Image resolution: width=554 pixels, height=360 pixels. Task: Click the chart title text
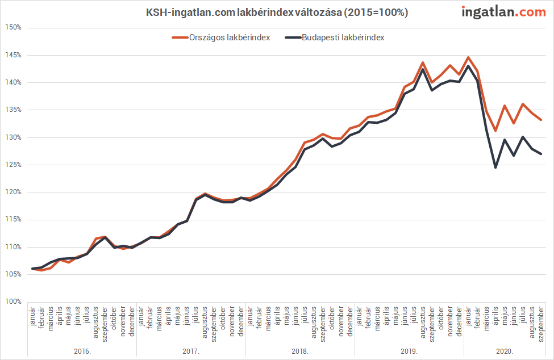277,12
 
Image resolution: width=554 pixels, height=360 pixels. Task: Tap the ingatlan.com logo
503,12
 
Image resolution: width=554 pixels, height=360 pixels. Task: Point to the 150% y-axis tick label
14,27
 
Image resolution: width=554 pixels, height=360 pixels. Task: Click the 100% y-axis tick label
14,302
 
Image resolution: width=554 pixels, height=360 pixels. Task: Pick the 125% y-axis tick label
14,165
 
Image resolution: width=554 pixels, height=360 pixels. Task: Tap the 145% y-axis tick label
14,55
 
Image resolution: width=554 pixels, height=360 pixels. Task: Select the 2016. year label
82,351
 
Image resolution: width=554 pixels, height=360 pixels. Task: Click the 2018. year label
301,351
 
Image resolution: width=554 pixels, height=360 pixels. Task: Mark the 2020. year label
505,351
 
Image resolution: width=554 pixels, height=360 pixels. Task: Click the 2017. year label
191,351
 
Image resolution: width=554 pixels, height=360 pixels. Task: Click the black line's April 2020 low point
495,167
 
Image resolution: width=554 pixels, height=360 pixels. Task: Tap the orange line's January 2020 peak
468,57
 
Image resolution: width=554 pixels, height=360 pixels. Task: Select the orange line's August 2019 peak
423,62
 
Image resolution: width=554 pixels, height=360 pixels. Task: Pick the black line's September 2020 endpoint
541,154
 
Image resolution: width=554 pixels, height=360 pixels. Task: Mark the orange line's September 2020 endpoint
541,120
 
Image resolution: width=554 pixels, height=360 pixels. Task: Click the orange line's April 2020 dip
495,131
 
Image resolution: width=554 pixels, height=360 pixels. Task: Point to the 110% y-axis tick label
14,247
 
